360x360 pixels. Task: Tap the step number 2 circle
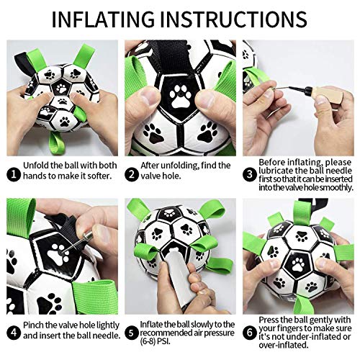tap(132, 173)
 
